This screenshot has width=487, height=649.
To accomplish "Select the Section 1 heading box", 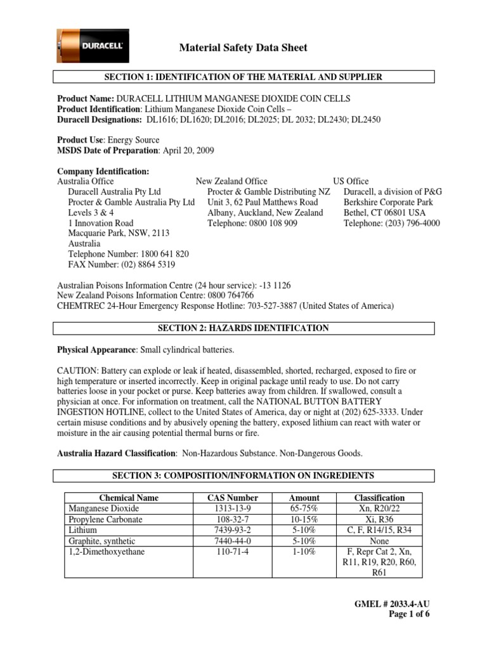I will [x=243, y=77].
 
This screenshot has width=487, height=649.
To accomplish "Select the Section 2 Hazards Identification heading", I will [x=243, y=328].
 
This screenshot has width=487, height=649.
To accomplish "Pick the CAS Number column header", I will [x=233, y=498].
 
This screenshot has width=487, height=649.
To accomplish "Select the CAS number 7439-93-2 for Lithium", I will [x=233, y=530].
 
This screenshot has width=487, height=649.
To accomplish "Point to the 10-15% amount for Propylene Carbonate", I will [x=304, y=519].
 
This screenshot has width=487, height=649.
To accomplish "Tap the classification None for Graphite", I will [x=379, y=541].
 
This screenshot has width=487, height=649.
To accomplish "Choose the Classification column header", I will [x=379, y=498].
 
